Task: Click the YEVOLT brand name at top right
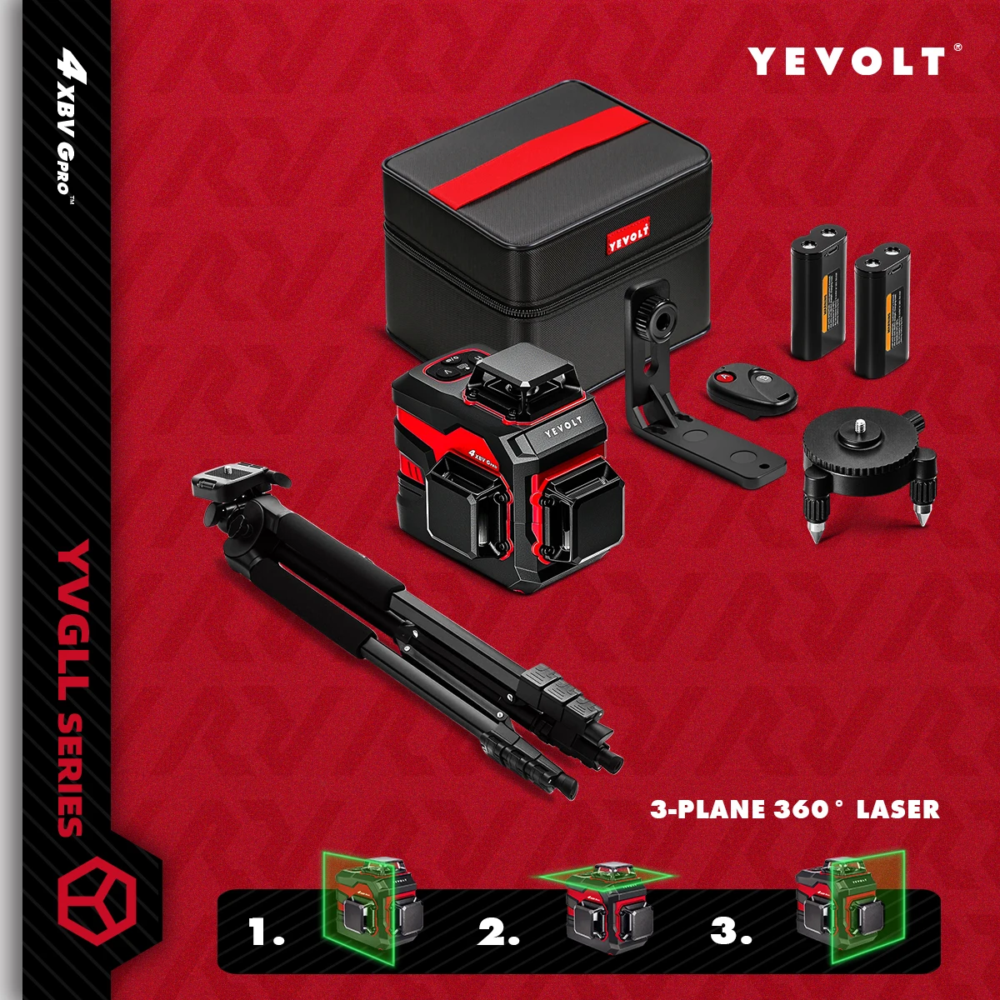click(x=847, y=62)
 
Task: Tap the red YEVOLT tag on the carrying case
click(x=628, y=236)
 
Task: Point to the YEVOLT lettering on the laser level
click(x=563, y=426)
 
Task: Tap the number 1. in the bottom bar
click(x=267, y=931)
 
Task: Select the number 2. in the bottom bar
click(x=498, y=931)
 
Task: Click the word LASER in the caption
click(x=897, y=809)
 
